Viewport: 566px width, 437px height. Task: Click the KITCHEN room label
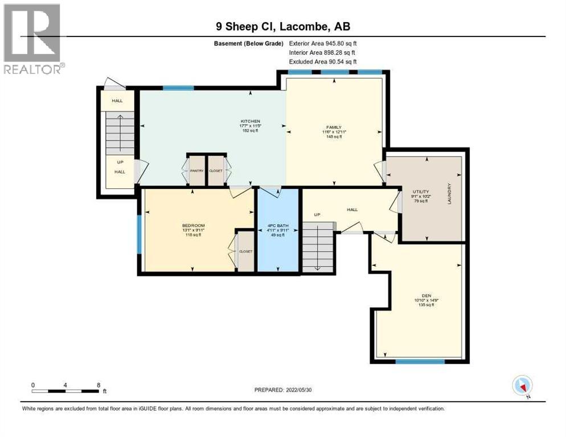coord(250,121)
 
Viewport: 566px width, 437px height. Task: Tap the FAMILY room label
coord(334,127)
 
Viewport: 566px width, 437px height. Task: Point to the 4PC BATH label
coord(278,225)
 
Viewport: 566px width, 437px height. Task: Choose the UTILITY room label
coord(421,192)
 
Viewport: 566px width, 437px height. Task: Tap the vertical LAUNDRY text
coord(449,193)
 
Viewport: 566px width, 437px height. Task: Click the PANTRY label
coord(197,170)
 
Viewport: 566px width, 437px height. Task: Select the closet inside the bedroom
coord(245,250)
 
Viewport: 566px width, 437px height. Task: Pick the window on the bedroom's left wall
coord(138,233)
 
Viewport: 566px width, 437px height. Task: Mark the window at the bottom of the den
coord(420,361)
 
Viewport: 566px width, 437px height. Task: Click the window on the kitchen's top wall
coord(178,88)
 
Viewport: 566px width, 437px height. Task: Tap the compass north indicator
coord(522,386)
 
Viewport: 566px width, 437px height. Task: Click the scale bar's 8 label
coord(99,385)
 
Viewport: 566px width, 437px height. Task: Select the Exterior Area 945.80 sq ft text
coord(323,43)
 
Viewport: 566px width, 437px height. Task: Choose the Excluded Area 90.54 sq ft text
coord(323,61)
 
